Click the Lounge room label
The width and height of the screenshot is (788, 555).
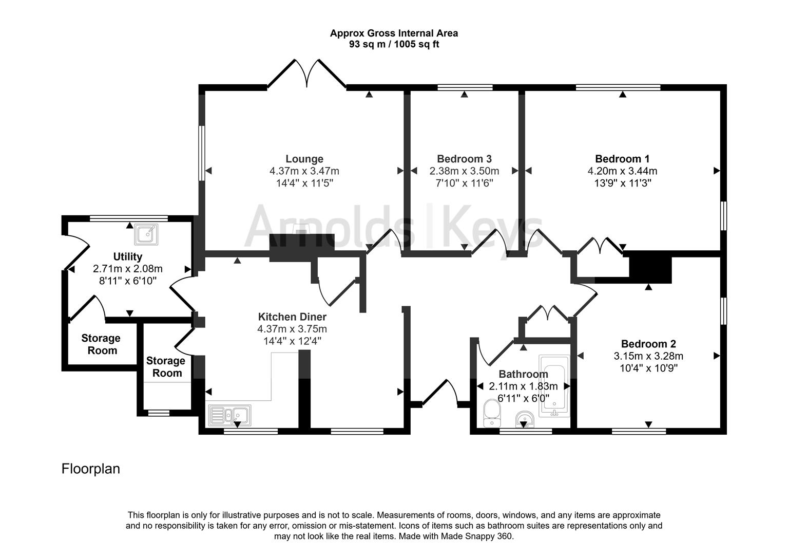(304, 159)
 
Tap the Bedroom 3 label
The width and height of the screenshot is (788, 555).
(464, 159)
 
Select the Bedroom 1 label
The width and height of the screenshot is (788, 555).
(622, 159)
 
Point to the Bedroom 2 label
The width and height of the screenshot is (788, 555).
(649, 344)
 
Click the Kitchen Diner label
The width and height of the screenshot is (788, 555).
(292, 317)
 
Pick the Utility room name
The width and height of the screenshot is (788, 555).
(127, 257)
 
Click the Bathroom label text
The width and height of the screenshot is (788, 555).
(524, 374)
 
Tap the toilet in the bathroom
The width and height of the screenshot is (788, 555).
(492, 414)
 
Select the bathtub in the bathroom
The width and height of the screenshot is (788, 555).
(554, 386)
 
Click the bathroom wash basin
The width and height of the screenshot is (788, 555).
(525, 419)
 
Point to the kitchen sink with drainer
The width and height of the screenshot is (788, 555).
(229, 415)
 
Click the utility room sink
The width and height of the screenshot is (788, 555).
(146, 234)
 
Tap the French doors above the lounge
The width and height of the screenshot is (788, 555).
(307, 73)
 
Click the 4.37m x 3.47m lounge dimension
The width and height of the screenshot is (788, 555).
(304, 171)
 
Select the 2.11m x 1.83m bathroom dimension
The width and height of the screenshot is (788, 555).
(524, 386)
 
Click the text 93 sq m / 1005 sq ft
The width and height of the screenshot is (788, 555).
(394, 44)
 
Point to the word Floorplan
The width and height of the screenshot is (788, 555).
(91, 469)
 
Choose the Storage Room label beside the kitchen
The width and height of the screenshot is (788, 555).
(166, 367)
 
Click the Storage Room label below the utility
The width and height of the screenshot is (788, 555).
(101, 344)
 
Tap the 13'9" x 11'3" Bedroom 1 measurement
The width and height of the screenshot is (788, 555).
(622, 183)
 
